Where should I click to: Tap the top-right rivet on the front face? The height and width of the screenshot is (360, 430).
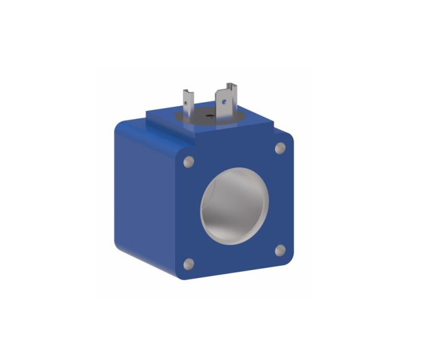[279, 148]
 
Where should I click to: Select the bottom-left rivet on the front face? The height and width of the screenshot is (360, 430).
[188, 263]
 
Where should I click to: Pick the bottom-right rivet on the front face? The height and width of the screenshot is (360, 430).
[279, 250]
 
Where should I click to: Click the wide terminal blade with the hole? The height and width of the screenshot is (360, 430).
[227, 102]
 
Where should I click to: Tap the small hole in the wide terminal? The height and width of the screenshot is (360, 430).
[225, 101]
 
